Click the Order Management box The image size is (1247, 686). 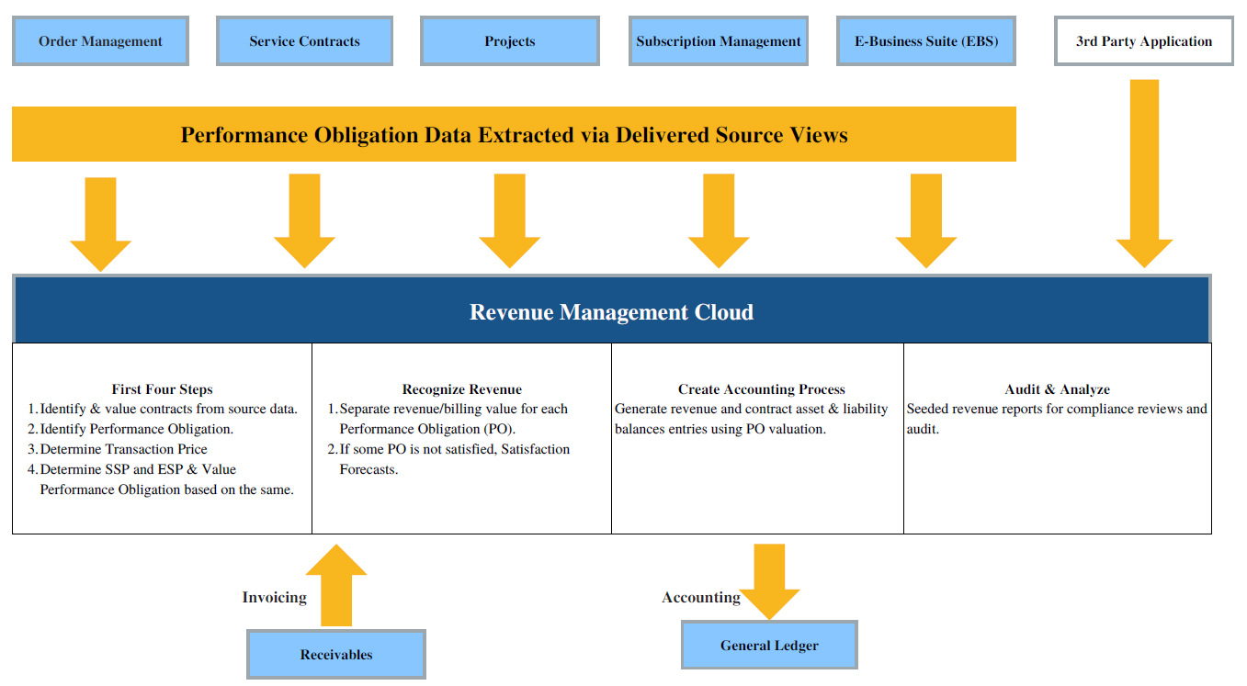(x=100, y=41)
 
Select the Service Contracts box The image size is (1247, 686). (x=304, y=41)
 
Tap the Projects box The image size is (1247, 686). (x=509, y=41)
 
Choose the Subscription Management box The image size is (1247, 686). (x=719, y=41)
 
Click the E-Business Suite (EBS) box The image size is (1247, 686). (x=926, y=41)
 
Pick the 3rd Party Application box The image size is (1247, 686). (x=1143, y=41)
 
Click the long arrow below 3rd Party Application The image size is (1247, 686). (x=1144, y=174)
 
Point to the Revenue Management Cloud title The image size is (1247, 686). (x=611, y=312)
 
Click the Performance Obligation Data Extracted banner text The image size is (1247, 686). (x=514, y=135)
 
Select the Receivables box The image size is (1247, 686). (x=336, y=655)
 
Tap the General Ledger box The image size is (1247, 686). (x=769, y=645)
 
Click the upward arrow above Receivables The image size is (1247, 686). (x=336, y=585)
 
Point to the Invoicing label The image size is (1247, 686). (x=274, y=598)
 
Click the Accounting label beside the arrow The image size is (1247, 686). (x=701, y=598)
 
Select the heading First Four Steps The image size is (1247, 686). (x=162, y=389)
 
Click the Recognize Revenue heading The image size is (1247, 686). (x=461, y=389)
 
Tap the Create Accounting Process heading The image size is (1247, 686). (x=761, y=389)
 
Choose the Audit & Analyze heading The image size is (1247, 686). (x=1057, y=389)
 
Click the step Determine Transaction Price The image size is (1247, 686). (x=123, y=449)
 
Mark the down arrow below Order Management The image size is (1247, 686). (x=100, y=223)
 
